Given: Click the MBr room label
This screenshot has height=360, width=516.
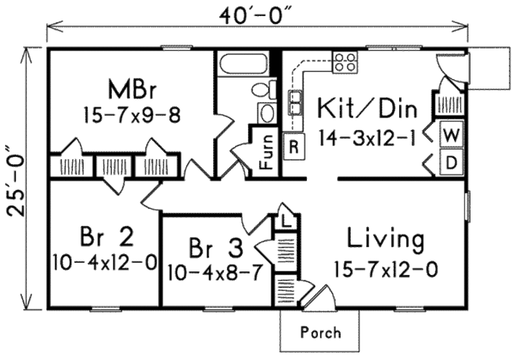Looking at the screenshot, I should click(x=132, y=91).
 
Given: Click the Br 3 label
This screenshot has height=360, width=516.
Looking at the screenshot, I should click(x=216, y=248).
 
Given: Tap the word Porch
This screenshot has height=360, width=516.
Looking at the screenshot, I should click(x=320, y=333).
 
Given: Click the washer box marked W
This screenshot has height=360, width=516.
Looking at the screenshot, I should click(x=451, y=134).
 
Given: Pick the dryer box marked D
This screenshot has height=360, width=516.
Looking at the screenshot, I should click(x=452, y=162).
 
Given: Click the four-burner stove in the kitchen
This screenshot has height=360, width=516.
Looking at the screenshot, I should click(x=345, y=61).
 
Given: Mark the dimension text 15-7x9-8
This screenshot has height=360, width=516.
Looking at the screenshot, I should click(x=132, y=115).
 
